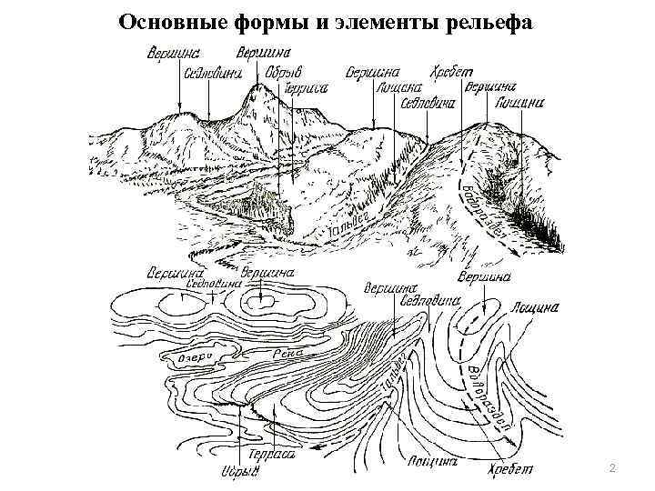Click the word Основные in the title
click(x=162, y=22)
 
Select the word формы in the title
click(x=242, y=22)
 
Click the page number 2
click(x=612, y=467)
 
